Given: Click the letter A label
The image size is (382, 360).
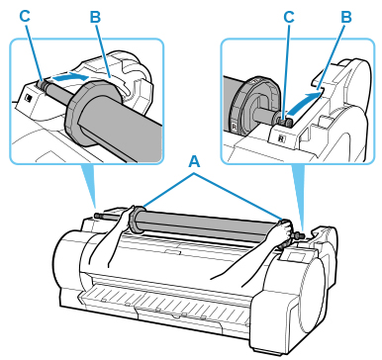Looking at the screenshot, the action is point(194,162).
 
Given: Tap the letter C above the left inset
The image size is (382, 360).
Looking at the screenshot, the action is point(25,16).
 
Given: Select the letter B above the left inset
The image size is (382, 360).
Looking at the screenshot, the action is point(95,17).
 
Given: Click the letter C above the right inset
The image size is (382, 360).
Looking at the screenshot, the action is point(289,17).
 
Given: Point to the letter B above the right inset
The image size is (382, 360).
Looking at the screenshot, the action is point(346,17).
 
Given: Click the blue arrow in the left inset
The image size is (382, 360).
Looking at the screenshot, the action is point(70,78).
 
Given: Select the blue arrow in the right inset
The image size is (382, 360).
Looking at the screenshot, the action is point(305,102).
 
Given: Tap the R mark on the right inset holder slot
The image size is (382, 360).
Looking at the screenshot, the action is point(281,138).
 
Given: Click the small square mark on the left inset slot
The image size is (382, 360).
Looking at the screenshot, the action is point(29,98).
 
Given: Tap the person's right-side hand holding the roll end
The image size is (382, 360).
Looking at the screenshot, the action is point(285,229).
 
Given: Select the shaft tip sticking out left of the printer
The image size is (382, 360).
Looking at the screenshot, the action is point(97,216).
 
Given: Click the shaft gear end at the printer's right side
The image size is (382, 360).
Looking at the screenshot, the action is point(298,235).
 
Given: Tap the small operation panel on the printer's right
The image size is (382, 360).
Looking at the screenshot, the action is point(296,255).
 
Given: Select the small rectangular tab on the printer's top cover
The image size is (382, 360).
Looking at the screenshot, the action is point(173,252).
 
